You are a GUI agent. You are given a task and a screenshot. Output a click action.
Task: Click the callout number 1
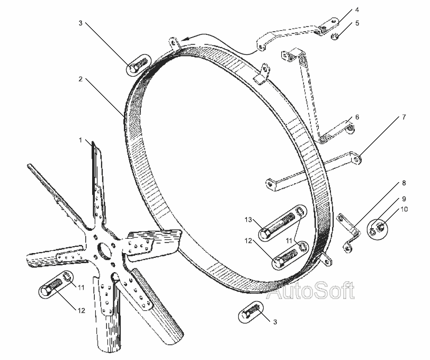point(80,140)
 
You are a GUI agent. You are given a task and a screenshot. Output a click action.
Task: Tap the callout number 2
point(80,79)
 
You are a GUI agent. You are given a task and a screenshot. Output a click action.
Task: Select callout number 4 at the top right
point(357,10)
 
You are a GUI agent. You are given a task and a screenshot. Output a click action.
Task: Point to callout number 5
point(357,23)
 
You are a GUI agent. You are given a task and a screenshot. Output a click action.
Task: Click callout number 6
point(357,118)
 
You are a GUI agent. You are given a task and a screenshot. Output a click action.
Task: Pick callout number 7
point(404,118)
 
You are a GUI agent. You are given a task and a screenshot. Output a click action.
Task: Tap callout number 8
point(404,183)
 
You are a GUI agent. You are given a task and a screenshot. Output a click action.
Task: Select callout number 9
point(404,199)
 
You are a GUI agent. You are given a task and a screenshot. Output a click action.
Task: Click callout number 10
point(404,210)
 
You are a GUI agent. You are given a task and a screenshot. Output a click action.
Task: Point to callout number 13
point(248,220)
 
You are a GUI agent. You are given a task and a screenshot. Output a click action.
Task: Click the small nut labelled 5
point(334,36)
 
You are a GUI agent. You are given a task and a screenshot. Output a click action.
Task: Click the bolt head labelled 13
point(265,235)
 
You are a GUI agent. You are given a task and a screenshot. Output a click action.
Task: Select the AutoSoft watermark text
point(310,291)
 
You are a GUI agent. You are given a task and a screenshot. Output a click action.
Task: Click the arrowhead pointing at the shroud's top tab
point(185,39)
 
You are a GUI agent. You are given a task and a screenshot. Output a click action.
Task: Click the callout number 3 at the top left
point(80,23)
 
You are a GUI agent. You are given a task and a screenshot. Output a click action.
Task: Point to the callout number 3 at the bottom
point(275,322)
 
